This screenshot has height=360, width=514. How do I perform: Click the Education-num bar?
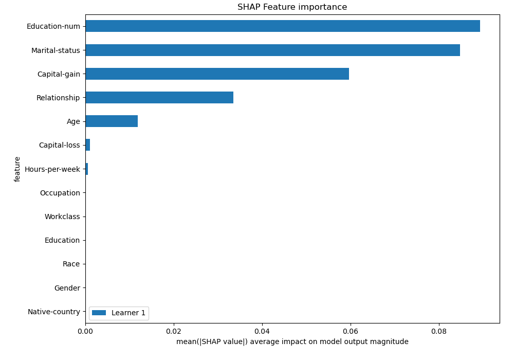coord(283,26)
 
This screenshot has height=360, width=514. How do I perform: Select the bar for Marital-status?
coord(272,50)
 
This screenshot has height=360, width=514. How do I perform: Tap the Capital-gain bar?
coord(217,74)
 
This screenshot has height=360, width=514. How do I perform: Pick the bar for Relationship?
coord(159,98)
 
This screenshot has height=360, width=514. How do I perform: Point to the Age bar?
coord(112,121)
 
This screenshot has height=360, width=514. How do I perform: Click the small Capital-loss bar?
coord(88,145)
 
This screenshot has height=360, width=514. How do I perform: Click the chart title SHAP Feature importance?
coord(292,7)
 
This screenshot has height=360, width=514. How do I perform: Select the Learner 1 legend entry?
coord(119,313)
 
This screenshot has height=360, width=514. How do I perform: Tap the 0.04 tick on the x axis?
coord(262,332)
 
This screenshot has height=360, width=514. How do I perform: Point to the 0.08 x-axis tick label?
coord(439,332)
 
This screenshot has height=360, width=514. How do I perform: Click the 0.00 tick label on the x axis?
coord(85,332)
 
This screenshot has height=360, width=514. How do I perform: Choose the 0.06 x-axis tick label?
coord(351,332)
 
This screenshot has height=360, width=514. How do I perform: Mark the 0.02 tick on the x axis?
coord(174,332)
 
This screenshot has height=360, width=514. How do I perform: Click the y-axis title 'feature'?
coord(17,169)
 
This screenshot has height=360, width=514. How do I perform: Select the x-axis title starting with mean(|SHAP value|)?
coord(292,342)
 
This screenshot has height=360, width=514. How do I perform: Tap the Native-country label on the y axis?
coord(54,312)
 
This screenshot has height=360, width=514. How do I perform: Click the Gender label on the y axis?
coord(67,288)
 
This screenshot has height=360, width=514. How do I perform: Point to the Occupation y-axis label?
coord(60,193)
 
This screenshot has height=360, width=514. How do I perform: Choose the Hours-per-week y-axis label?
coord(52,169)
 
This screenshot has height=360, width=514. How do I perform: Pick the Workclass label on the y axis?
coord(62,217)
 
